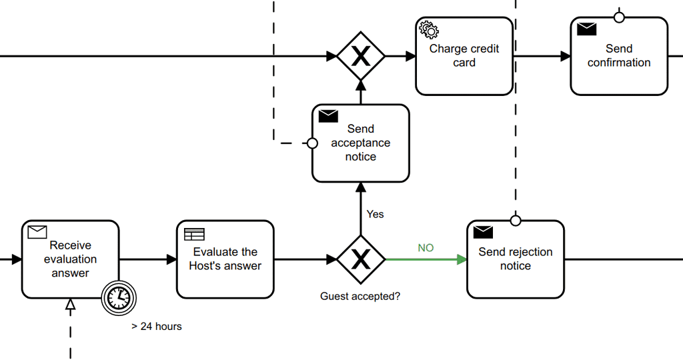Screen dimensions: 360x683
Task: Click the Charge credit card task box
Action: click(464, 56)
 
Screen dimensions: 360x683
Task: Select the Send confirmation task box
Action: click(619, 56)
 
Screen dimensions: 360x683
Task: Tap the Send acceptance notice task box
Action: click(360, 143)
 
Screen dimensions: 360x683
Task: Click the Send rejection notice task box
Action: click(515, 259)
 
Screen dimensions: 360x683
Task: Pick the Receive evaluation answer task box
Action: click(70, 259)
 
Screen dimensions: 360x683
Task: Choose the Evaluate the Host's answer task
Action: click(225, 259)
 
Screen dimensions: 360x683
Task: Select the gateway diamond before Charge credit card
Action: click(361, 56)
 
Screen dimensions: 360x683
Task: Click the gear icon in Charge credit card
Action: click(428, 29)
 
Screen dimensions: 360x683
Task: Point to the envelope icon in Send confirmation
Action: click(586, 29)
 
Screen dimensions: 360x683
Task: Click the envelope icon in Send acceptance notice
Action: click(328, 116)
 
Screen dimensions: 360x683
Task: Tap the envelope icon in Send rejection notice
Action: click(483, 232)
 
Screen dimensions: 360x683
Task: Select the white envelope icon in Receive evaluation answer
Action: click(37, 232)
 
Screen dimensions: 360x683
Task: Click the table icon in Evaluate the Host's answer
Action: click(194, 234)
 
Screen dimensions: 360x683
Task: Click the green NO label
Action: click(426, 248)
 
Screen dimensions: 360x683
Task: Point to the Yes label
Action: click(376, 214)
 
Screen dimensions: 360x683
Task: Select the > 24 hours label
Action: click(157, 327)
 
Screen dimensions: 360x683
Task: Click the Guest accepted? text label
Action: click(360, 296)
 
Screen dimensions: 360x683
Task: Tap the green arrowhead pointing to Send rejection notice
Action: click(462, 259)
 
